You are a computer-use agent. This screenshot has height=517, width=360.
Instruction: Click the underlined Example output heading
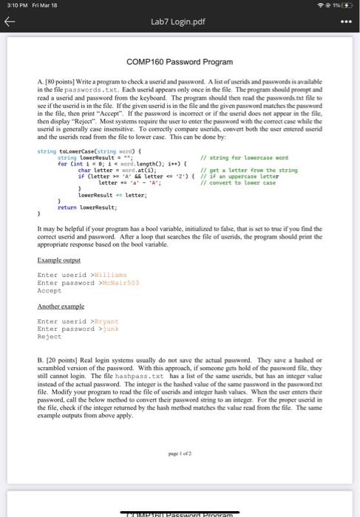(x=57, y=259)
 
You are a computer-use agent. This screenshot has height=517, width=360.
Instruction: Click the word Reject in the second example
(x=47, y=337)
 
